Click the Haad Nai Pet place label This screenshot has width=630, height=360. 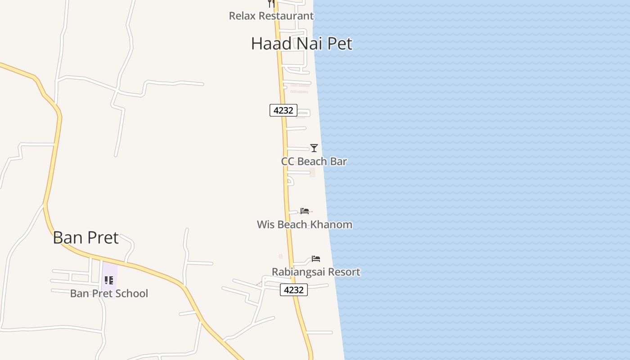pos(301,44)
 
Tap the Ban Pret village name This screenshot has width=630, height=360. pos(85,238)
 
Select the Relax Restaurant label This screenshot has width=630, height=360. pos(271,16)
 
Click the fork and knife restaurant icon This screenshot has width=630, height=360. pos(271,3)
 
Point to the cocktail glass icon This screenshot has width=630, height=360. pos(314,148)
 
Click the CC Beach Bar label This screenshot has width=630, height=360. pos(314,162)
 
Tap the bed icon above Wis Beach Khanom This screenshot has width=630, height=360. pos(305,211)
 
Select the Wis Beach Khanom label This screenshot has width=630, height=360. pos(304,225)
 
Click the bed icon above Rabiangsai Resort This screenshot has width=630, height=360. pos(316,259)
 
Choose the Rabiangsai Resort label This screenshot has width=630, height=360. pos(316,272)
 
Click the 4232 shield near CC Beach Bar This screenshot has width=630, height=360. pos(283,110)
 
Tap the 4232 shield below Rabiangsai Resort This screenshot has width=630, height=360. pos(294,290)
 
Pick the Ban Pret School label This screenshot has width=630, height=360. pos(109,293)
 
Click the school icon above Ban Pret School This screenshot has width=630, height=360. pos(109,280)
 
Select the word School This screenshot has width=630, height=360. pos(132,293)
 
